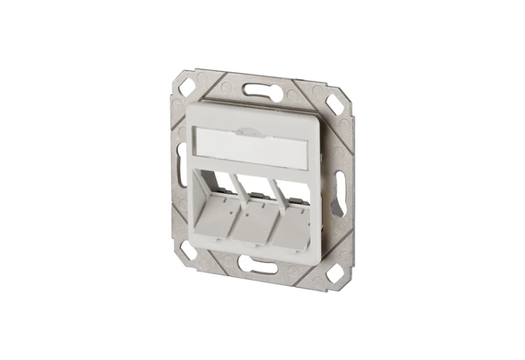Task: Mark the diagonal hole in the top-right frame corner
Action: coord(334,104)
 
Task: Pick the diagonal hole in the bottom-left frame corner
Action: coord(186,250)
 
